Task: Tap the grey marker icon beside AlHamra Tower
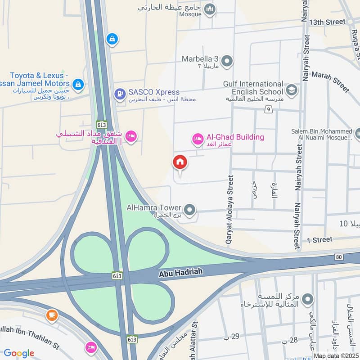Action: pyautogui.click(x=190, y=209)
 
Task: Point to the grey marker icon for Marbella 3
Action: pyautogui.click(x=227, y=60)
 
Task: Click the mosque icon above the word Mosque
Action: pyautogui.click(x=209, y=9)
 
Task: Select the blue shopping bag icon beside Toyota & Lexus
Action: pyautogui.click(x=78, y=84)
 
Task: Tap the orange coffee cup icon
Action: pyautogui.click(x=52, y=315)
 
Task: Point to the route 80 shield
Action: pyautogui.click(x=339, y=257)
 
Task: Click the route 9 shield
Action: pyautogui.click(x=268, y=109)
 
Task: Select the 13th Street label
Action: pyautogui.click(x=327, y=22)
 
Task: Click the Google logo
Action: pyautogui.click(x=19, y=353)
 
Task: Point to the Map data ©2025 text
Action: pyautogui.click(x=336, y=355)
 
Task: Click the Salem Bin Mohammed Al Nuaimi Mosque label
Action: pyautogui.click(x=321, y=134)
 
